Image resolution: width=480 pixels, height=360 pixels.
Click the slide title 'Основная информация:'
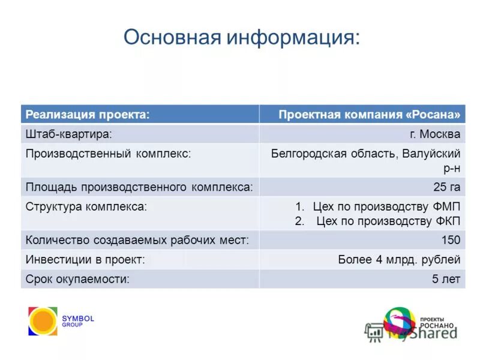click(242, 38)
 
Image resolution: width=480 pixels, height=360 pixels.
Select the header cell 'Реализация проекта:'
click(87, 115)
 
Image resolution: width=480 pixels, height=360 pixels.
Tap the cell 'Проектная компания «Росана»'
click(370, 115)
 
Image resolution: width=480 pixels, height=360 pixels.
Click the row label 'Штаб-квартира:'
click(68, 134)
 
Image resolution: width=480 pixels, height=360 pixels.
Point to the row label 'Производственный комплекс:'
click(108, 154)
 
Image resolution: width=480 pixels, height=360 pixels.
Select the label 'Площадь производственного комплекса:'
click(139, 187)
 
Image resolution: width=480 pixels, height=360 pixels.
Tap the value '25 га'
click(447, 187)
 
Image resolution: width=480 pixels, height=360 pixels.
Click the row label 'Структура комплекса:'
click(86, 206)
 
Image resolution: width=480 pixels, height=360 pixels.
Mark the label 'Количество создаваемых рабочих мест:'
click(137, 241)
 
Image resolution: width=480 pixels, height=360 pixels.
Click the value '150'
click(451, 241)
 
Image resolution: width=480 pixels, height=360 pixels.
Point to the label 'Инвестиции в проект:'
click(85, 260)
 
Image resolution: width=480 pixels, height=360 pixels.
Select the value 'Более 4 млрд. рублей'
click(399, 260)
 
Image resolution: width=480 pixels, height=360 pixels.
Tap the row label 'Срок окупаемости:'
click(77, 279)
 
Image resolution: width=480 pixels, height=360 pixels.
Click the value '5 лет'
click(446, 279)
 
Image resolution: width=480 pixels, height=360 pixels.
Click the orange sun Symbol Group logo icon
click(43, 321)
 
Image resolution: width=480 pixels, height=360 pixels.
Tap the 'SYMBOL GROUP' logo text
click(78, 321)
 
